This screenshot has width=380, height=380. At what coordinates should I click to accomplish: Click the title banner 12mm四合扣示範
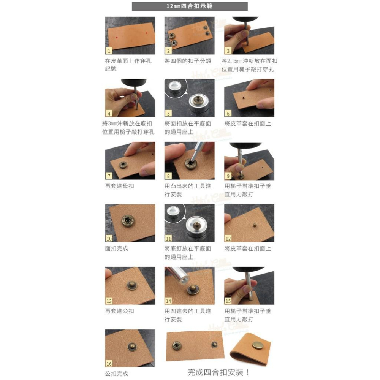[x=190, y=6]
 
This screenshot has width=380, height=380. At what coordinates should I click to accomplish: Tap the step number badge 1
[x=109, y=51]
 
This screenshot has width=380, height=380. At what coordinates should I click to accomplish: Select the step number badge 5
[x=169, y=113]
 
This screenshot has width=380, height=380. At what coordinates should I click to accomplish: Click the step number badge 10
[x=109, y=239]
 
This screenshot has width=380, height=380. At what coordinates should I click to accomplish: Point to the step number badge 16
[x=109, y=364]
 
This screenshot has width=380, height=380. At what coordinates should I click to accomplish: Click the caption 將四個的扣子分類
[x=188, y=61]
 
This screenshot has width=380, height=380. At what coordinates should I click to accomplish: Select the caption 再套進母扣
[x=119, y=186]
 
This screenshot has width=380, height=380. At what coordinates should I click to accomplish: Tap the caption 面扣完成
[x=117, y=249]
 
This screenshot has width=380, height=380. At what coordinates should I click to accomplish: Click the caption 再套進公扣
[x=119, y=311]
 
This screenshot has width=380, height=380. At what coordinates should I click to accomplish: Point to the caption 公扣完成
[x=117, y=374]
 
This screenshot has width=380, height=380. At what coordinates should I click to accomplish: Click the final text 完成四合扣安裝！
[x=218, y=372]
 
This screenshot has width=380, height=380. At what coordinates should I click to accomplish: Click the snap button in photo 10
[x=128, y=221]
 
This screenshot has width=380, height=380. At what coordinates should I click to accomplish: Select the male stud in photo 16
[x=132, y=347]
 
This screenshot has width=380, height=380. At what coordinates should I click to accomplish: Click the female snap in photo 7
[x=123, y=165]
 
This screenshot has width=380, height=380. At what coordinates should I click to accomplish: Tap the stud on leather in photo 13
[x=132, y=284]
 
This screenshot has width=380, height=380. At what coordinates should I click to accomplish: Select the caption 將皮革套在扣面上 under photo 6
[x=248, y=123]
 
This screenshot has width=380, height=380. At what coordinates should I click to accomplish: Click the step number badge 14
[x=169, y=301]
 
